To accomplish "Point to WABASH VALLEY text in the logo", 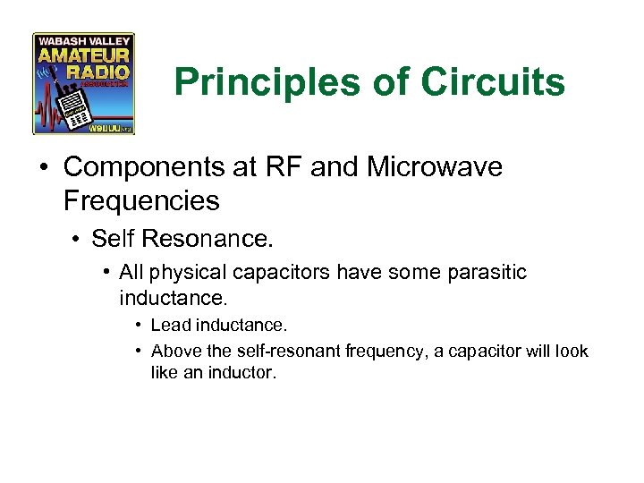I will coord(83,40).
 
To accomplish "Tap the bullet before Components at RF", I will coord(46,167).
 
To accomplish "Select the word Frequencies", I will coord(141,200).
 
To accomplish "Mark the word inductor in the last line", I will coord(245,371).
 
